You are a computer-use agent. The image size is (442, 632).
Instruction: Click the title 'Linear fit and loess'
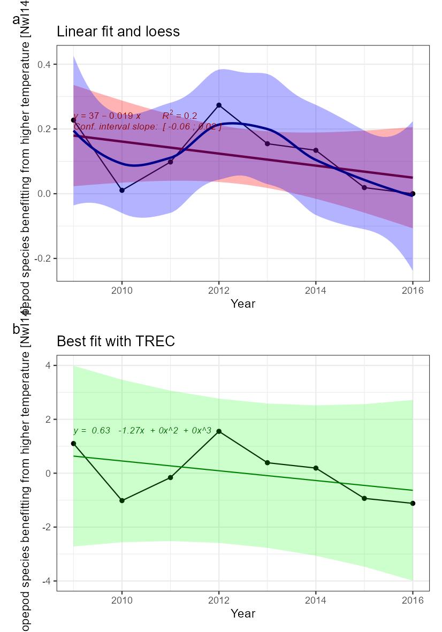118,32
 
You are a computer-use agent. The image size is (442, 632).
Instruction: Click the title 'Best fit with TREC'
116,341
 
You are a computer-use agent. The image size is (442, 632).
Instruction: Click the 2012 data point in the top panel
219,105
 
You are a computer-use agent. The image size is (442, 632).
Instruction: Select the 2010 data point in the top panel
122,190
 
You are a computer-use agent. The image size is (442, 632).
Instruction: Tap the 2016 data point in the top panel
413,194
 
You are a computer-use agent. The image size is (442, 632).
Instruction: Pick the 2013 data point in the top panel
268,143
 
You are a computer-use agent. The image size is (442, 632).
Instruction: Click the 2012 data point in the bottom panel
219,431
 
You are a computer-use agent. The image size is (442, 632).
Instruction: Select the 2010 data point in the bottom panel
122,500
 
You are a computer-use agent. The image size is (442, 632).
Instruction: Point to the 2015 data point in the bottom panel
364,498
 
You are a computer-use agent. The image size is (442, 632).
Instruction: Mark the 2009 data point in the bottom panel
74,444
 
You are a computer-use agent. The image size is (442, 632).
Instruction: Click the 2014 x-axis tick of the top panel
316,291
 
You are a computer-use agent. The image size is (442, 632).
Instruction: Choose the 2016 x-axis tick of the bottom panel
413,600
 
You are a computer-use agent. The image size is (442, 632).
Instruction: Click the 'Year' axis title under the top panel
243,303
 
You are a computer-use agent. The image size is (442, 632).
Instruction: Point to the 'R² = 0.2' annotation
180,115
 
